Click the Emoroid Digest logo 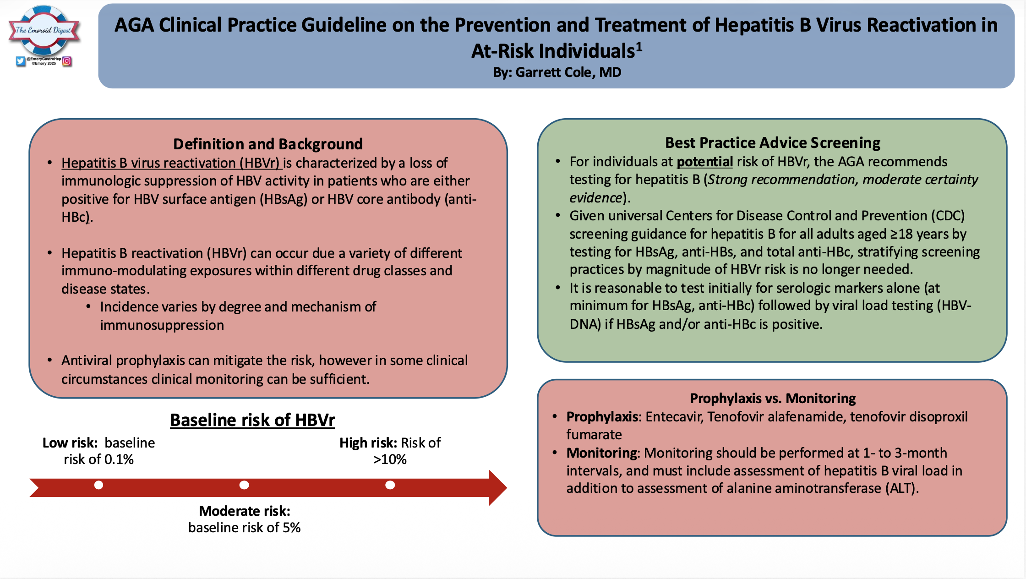click(44, 31)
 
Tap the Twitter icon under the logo click(21, 61)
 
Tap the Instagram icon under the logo click(67, 61)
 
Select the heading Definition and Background click(268, 144)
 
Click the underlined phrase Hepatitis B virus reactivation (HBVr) click(171, 163)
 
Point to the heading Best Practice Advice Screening click(772, 143)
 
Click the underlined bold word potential click(704, 162)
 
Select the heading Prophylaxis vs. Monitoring click(772, 399)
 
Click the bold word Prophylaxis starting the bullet click(602, 417)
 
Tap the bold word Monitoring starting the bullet click(602, 453)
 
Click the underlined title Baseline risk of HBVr click(252, 420)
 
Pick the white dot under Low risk click(98, 485)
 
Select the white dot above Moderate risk click(244, 485)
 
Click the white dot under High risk click(390, 485)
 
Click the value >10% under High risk click(390, 459)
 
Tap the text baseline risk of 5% click(244, 528)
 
